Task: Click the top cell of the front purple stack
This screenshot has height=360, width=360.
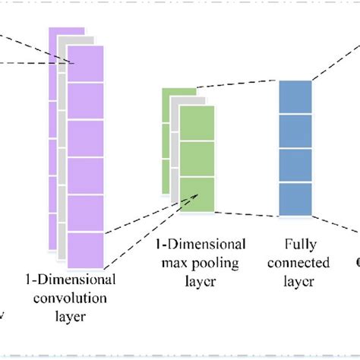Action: (x=85, y=63)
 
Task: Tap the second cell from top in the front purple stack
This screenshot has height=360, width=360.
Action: (x=85, y=100)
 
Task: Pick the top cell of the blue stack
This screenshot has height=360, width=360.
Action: (x=295, y=96)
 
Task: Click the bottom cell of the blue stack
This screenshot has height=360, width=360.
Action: (x=295, y=200)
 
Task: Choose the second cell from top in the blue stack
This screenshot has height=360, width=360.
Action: (x=295, y=131)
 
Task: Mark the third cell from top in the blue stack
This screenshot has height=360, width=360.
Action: (x=295, y=166)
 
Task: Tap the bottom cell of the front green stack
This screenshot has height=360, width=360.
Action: (x=197, y=194)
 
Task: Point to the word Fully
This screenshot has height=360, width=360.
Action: (x=295, y=245)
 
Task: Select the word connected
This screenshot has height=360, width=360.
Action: (x=295, y=263)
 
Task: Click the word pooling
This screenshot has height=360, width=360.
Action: (x=218, y=263)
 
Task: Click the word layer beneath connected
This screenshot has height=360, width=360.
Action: (x=295, y=281)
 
